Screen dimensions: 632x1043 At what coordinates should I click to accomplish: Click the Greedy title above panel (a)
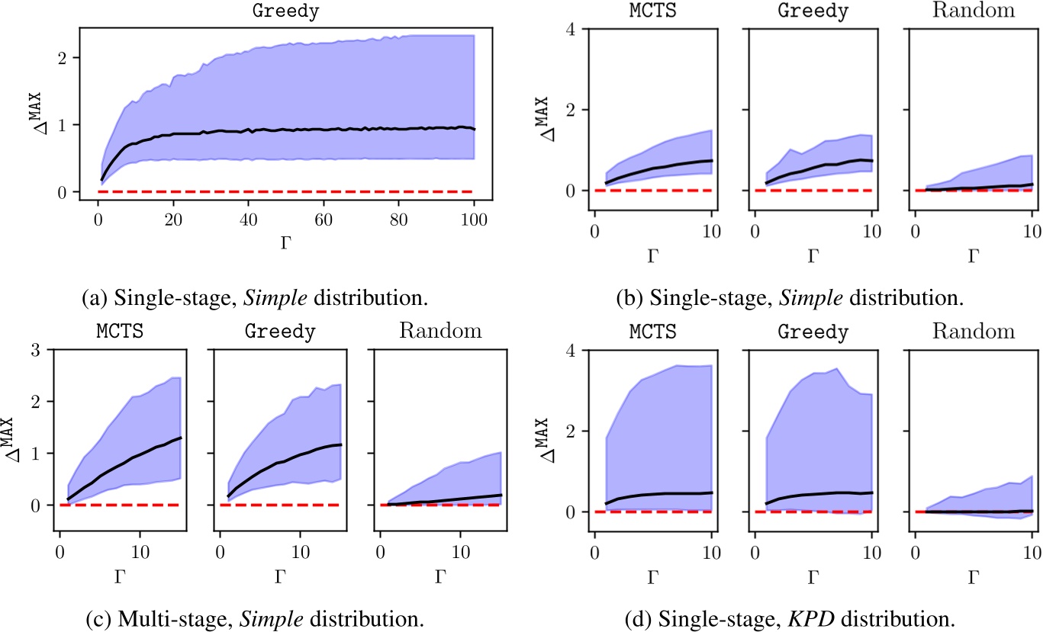286,11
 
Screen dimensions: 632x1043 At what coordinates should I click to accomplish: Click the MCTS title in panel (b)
652,11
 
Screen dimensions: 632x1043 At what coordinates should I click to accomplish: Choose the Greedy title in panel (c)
278,332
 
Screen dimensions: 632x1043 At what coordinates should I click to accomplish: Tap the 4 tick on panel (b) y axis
570,29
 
